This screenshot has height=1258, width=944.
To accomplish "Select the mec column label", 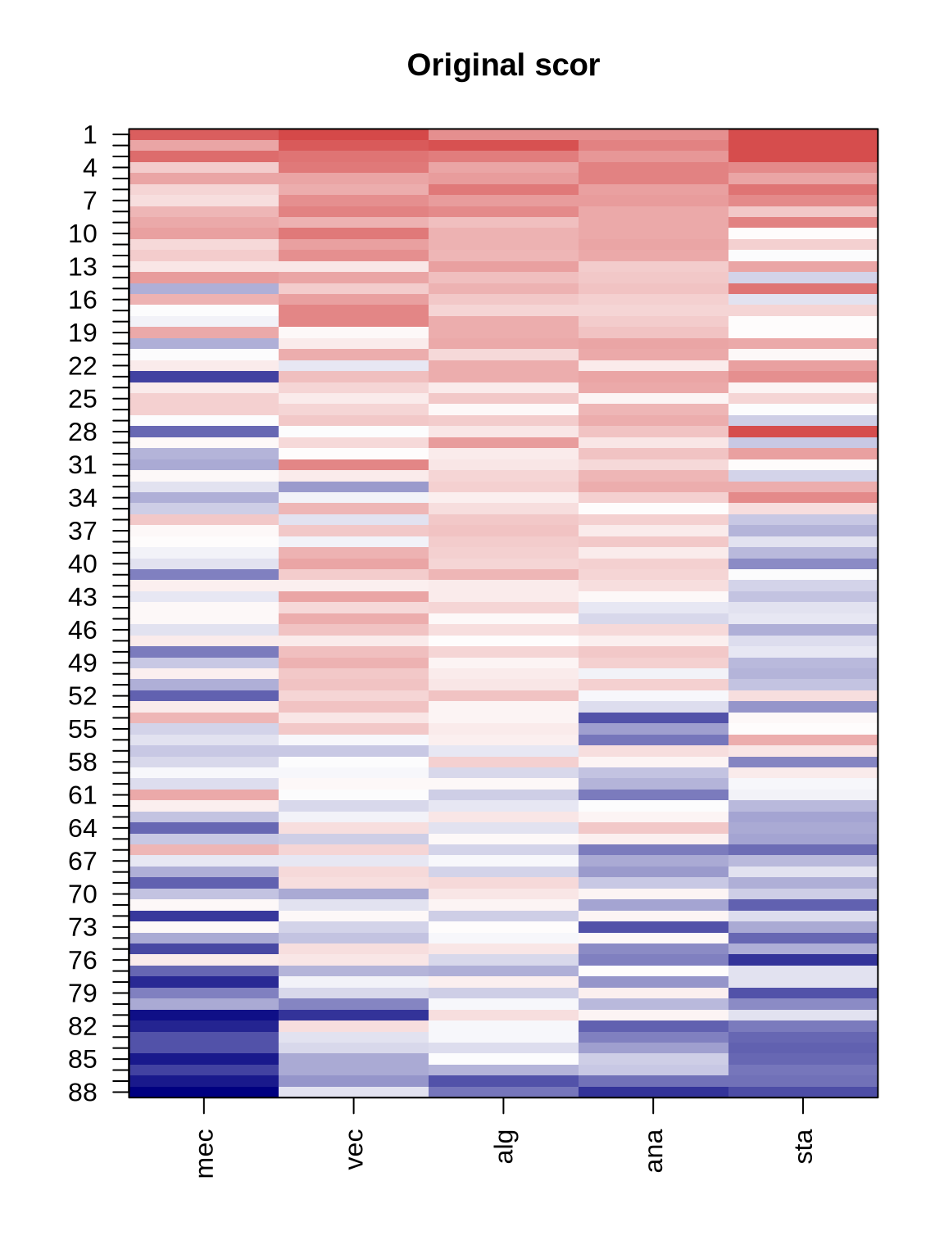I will tap(205, 1153).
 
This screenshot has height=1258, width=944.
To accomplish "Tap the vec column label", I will tap(354, 1149).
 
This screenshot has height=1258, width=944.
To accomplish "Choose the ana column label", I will tap(654, 1150).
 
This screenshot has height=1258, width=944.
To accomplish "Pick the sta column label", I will tap(804, 1146).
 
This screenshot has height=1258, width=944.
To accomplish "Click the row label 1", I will tap(89, 135).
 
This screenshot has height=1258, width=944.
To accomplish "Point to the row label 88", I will tap(83, 1093).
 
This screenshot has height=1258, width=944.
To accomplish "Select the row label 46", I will tap(83, 631).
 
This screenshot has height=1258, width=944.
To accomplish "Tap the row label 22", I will tap(83, 366).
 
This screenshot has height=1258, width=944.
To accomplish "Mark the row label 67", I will tap(83, 862).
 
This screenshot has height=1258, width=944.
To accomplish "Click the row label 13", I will tap(83, 267).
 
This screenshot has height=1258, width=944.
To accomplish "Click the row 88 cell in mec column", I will tap(204, 1092).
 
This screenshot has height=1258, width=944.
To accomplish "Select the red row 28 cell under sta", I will tap(803, 432).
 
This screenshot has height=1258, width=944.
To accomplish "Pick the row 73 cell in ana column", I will tap(653, 927).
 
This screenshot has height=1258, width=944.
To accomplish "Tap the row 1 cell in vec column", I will tap(353, 134).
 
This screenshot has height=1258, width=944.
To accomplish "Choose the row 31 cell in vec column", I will tap(353, 464).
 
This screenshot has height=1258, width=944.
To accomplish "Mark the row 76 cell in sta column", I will tap(803, 960).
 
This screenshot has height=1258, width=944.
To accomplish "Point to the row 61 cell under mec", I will tap(204, 794).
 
